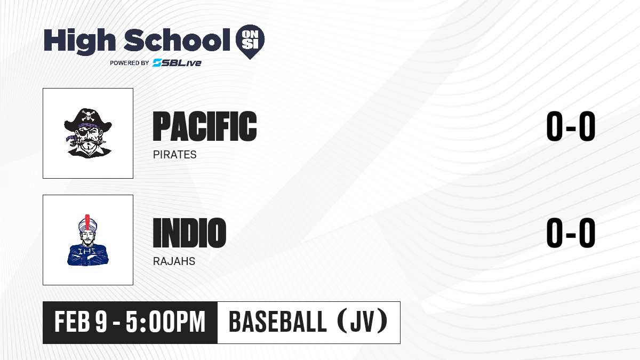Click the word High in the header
coord(80,41)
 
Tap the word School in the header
coord(177,40)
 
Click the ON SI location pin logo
coord(250,42)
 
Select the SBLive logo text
coord(177,63)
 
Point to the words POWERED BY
coord(130,63)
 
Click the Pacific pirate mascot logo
coord(88,133)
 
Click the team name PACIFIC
coord(205,126)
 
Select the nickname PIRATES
coord(174,155)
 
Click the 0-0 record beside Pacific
coord(571,126)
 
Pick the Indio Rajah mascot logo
coord(87,240)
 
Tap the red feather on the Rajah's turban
coord(87,223)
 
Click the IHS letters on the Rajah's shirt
coord(87,251)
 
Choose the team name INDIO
coord(189,233)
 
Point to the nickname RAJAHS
coord(174,261)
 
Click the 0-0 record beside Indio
coord(571,233)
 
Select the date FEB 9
coord(81,322)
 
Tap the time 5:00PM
coord(166,322)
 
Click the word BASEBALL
coord(277,322)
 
